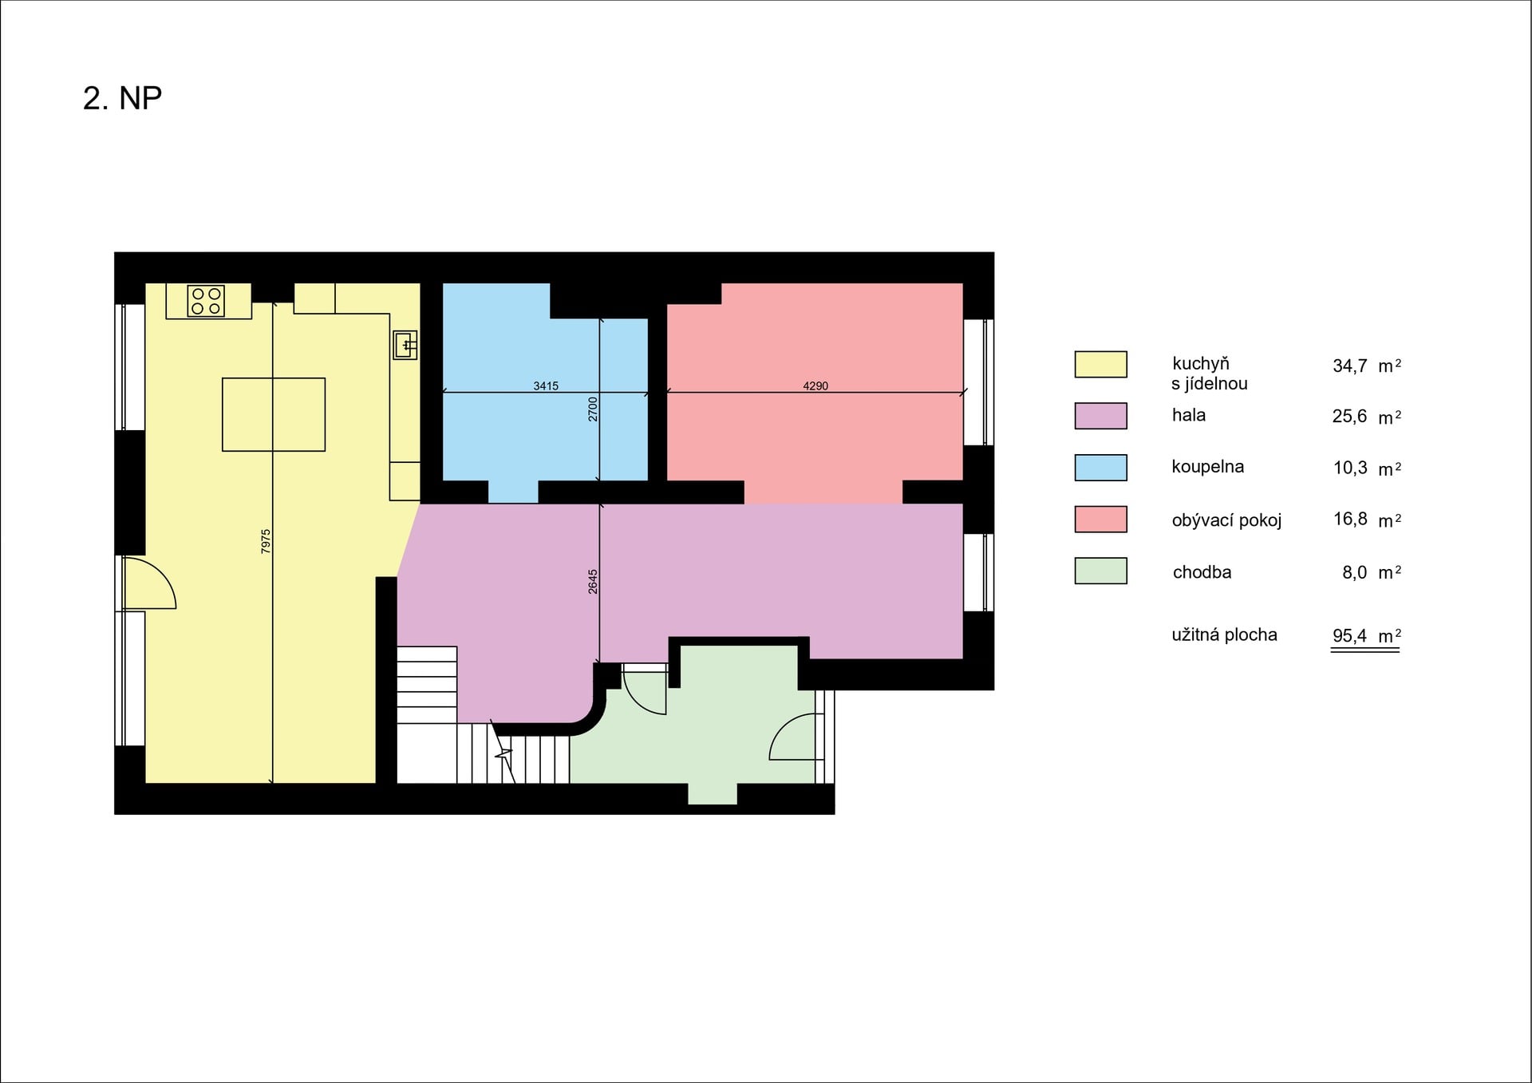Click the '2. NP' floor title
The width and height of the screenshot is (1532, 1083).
click(122, 98)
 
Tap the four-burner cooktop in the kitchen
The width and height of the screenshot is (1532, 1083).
click(206, 301)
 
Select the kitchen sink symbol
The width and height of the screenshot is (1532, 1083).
click(405, 346)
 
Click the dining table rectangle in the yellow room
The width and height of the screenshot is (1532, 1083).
click(274, 414)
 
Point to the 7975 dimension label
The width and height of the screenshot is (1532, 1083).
click(266, 541)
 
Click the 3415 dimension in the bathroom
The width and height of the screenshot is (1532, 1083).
click(546, 386)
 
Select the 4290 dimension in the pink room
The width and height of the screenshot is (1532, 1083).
click(815, 386)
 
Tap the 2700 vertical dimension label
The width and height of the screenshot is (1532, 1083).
click(593, 409)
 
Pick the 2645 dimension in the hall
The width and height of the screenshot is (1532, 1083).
click(593, 582)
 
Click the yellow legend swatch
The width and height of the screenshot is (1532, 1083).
click(1100, 364)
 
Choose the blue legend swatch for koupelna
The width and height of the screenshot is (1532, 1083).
click(1100, 468)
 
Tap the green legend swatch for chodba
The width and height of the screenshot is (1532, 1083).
click(1100, 571)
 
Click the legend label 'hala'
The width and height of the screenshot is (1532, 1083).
click(1188, 415)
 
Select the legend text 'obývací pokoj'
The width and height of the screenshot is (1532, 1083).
click(1226, 520)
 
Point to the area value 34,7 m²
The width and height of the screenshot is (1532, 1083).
click(1367, 366)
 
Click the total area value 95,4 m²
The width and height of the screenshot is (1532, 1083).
click(1367, 635)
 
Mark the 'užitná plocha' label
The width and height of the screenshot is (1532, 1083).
click(1224, 634)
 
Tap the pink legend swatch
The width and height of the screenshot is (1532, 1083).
click(1100, 519)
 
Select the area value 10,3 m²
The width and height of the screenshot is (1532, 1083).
click(1367, 468)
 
